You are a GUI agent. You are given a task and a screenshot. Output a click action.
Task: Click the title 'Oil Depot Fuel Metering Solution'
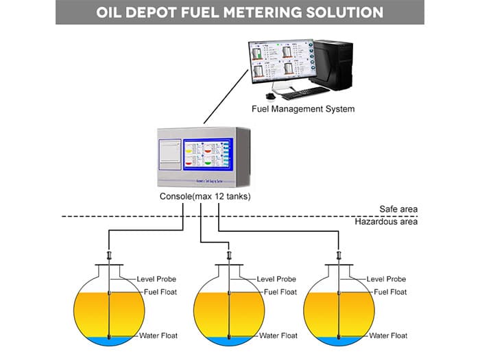tap(240, 12)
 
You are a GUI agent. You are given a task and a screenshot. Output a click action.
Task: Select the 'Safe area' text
tap(398, 209)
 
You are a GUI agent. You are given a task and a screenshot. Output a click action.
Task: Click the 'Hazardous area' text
tap(386, 221)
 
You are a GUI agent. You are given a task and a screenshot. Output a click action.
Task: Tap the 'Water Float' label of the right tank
tap(387, 336)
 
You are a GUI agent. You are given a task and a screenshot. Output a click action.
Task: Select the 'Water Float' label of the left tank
tap(160, 336)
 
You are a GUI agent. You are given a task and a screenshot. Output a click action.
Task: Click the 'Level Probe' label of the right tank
tap(386, 279)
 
